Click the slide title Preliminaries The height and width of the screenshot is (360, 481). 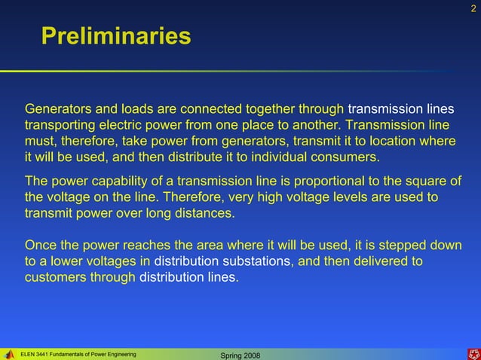pyautogui.click(x=116, y=35)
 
